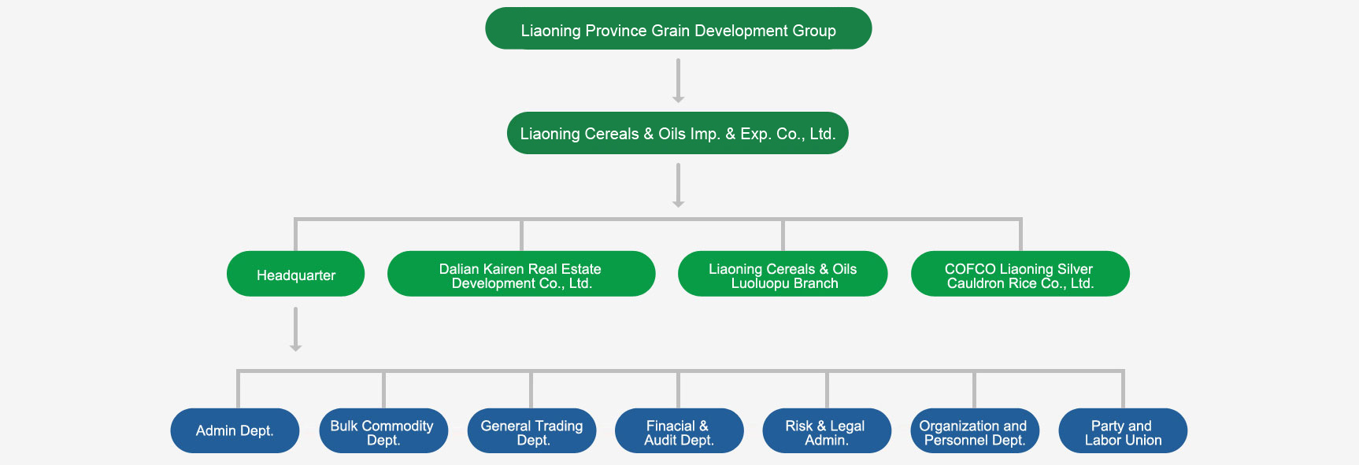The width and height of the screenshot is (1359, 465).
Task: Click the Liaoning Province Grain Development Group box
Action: click(678, 29)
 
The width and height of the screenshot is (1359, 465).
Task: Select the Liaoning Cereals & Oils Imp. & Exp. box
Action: click(677, 133)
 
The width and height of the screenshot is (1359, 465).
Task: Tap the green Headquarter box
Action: click(295, 274)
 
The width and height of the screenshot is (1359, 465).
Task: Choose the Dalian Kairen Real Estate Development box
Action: click(521, 274)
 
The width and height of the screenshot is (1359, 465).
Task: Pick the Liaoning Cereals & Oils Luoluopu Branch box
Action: click(783, 274)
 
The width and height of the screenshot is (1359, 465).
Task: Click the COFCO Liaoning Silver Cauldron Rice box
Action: click(1020, 274)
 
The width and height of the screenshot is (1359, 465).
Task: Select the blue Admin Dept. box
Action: click(235, 430)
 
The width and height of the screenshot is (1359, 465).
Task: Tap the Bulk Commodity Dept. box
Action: click(383, 430)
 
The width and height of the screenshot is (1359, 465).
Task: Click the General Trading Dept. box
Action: click(531, 430)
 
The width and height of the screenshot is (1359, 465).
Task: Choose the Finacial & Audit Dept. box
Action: click(679, 430)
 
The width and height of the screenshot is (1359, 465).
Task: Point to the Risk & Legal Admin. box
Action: click(827, 430)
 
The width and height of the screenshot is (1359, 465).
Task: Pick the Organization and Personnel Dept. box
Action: click(975, 430)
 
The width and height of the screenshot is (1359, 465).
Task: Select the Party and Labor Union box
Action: click(1123, 430)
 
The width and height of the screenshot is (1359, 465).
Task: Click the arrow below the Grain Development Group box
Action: click(678, 81)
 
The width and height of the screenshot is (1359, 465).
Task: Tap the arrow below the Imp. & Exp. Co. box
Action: click(678, 186)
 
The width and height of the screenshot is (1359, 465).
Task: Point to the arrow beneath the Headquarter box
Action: click(295, 330)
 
